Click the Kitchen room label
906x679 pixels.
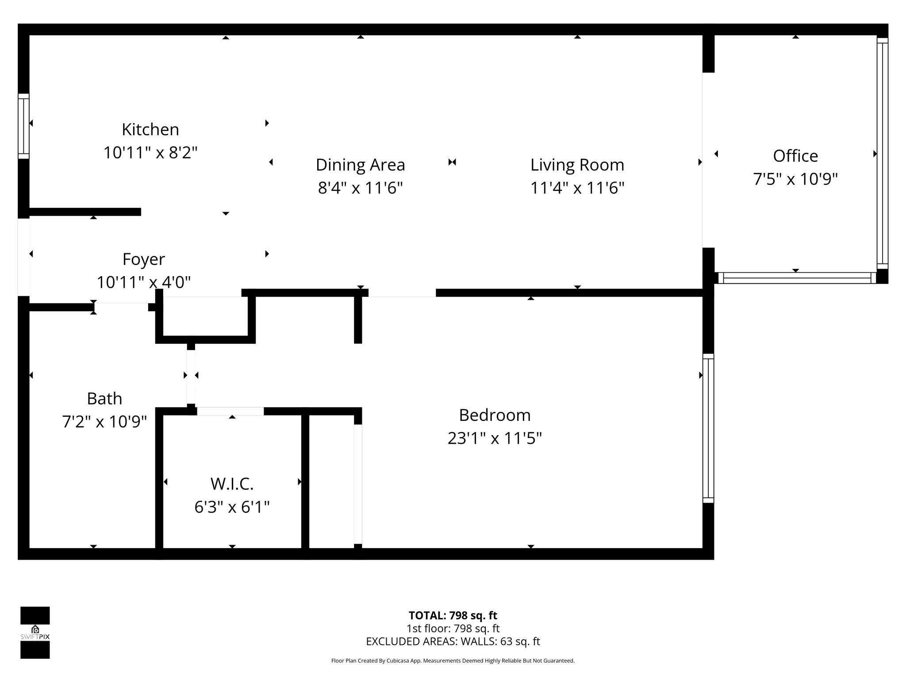click(150, 130)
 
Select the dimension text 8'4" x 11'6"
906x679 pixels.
click(360, 188)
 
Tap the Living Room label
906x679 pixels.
click(577, 165)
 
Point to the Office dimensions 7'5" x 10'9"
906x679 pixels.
click(795, 179)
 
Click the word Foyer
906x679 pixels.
click(143, 259)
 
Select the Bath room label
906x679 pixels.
click(104, 399)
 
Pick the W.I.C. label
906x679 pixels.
click(232, 484)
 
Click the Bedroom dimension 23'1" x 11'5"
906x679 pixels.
click(494, 439)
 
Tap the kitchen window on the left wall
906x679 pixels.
click(23, 126)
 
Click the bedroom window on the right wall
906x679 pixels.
click(708, 428)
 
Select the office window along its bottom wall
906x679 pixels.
click(795, 278)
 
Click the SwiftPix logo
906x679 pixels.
click(35, 632)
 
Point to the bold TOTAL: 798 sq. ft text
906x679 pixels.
click(453, 615)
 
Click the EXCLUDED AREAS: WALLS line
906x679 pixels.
click(453, 641)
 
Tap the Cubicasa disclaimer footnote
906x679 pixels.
click(453, 661)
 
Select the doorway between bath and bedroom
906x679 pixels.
click(191, 376)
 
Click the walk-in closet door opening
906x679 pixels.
click(230, 411)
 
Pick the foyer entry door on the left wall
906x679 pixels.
click(23, 257)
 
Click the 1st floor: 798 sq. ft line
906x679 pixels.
click(453, 628)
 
